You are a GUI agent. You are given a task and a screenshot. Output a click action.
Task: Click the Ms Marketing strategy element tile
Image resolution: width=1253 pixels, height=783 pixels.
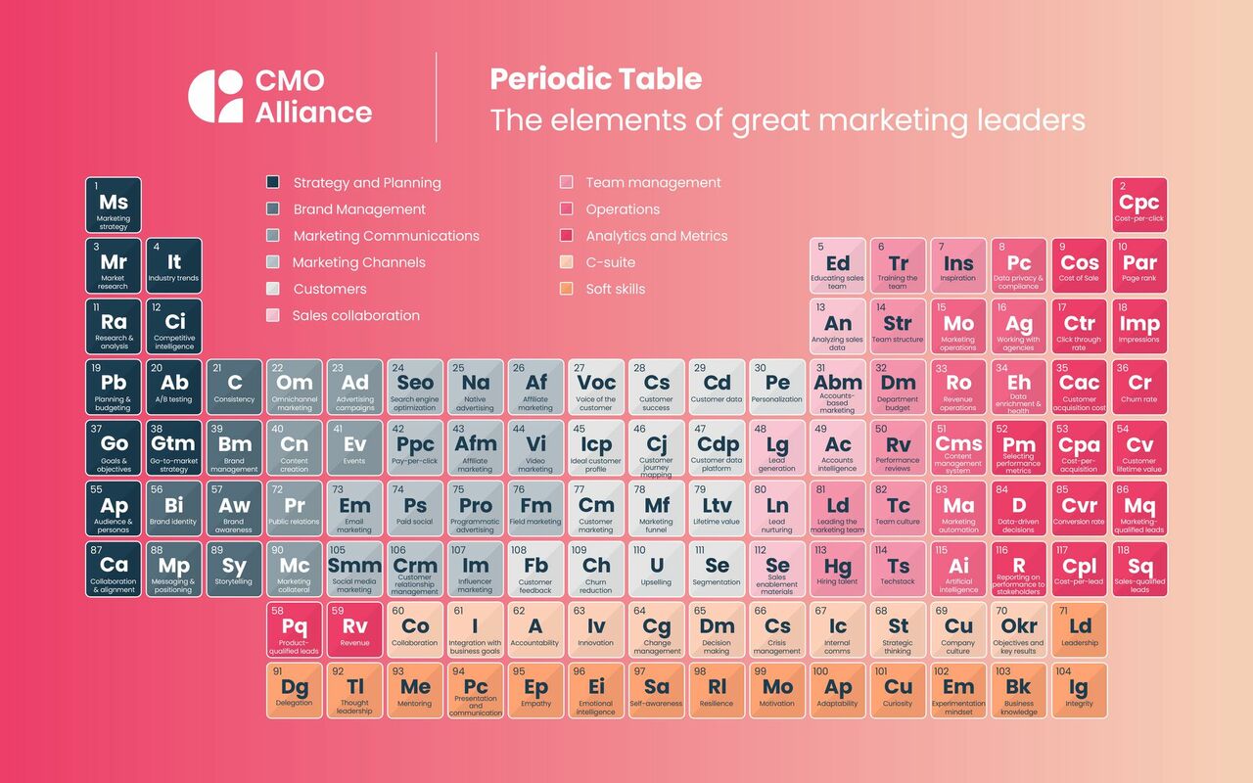pos(114,206)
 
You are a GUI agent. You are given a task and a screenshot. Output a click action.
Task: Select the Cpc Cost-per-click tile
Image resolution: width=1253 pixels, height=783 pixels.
pos(1139,206)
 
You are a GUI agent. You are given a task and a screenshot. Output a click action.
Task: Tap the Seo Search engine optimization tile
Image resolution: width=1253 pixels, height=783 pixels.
pos(415,387)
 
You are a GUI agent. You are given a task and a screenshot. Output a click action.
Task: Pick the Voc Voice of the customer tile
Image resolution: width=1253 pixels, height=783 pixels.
pos(596,387)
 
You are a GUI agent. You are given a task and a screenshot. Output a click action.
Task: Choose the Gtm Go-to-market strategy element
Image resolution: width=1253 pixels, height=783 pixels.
pos(173,447)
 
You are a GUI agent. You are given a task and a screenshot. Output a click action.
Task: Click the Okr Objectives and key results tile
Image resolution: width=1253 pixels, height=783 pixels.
pos(1019,630)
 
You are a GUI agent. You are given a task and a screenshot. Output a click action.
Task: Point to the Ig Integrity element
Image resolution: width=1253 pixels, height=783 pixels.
pos(1080,691)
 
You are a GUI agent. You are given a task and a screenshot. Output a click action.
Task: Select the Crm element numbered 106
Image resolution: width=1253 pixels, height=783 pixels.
pos(415,570)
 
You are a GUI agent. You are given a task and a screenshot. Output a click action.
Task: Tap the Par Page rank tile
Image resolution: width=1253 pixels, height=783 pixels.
pos(1139,266)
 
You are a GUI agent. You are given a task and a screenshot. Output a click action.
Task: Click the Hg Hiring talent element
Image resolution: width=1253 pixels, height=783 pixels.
pos(838,570)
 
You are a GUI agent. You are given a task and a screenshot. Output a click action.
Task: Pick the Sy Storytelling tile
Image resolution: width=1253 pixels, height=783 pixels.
pos(234,570)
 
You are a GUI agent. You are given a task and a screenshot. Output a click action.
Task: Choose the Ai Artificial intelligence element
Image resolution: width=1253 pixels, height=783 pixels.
pos(958,570)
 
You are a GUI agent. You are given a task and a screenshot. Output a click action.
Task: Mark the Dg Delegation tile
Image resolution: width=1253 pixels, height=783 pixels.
pos(295,691)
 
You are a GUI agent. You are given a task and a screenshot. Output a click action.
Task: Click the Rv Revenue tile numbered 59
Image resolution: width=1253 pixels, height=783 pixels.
pos(354,630)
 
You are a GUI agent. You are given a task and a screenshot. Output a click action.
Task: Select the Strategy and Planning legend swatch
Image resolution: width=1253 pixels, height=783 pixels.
pos(273,182)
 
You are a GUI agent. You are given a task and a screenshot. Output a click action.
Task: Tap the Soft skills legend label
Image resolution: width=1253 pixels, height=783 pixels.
pos(615,289)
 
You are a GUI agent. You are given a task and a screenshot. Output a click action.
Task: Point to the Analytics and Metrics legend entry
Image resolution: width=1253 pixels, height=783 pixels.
pos(656,236)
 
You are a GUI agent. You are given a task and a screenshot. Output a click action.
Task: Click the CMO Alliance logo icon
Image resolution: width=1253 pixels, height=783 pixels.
pos(215,96)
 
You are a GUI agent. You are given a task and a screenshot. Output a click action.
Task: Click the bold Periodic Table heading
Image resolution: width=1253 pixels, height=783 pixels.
pos(596,79)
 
